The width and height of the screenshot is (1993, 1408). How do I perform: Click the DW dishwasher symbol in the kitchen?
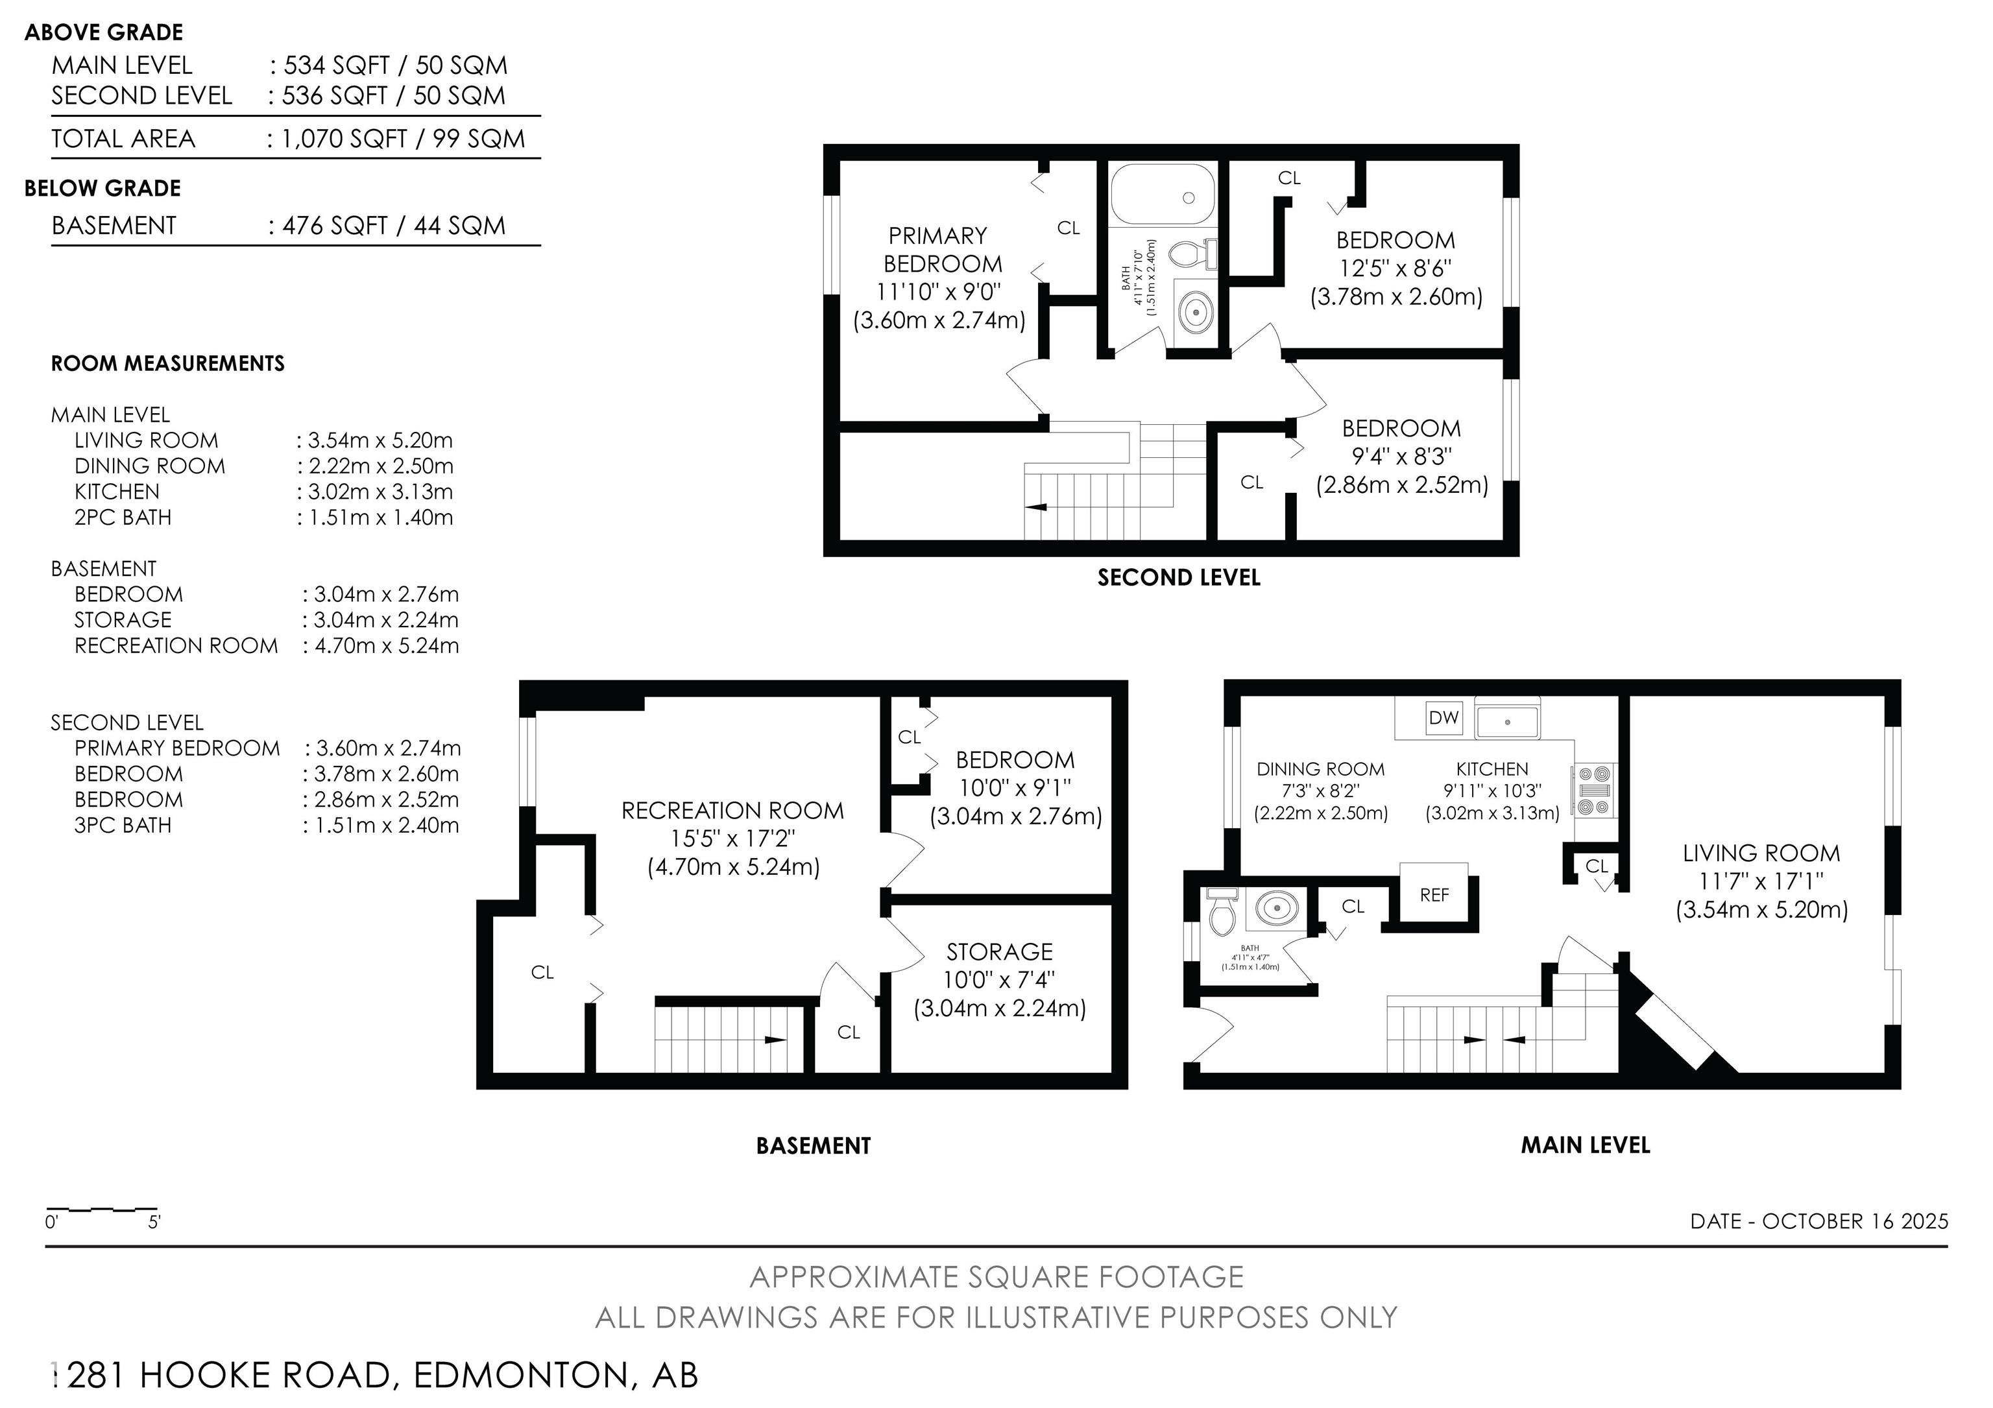1443,717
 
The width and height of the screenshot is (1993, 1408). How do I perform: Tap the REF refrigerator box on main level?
1434,894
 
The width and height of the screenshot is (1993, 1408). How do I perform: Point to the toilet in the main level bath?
1222,913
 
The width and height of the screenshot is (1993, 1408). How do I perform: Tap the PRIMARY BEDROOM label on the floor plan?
941,249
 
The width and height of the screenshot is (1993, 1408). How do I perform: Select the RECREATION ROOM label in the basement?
732,810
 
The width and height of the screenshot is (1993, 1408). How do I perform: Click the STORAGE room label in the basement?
999,951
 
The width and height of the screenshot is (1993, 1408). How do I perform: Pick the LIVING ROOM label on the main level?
1760,853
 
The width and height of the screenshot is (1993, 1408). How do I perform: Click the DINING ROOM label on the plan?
1320,769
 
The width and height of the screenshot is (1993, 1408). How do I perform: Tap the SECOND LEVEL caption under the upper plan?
1178,578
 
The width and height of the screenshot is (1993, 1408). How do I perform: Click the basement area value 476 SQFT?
334,226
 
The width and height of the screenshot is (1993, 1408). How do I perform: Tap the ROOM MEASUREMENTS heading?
167,363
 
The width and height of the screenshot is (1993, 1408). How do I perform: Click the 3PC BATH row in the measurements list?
123,825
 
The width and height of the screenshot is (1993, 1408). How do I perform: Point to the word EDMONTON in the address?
520,1375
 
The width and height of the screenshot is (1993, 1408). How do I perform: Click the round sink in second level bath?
1196,311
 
